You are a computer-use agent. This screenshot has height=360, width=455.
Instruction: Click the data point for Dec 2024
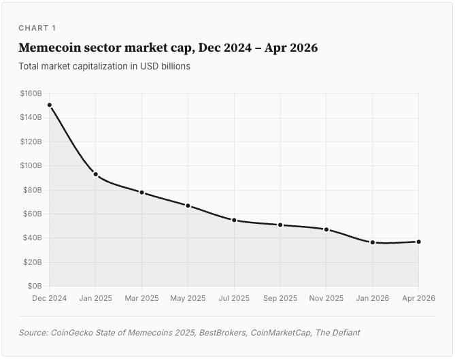point(50,105)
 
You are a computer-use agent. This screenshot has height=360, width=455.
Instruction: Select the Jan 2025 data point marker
point(96,174)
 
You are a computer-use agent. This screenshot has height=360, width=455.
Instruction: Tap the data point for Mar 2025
point(142,193)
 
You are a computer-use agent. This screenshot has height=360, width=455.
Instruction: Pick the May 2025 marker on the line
point(188,206)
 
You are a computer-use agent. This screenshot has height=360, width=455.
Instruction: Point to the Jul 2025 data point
point(234,220)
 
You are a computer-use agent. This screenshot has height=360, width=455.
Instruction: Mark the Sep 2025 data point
point(280,225)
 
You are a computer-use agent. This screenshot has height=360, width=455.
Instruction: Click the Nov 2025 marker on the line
point(326,229)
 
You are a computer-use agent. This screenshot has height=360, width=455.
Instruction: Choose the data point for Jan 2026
point(373,242)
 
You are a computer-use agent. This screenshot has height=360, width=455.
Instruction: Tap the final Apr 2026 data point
point(419,242)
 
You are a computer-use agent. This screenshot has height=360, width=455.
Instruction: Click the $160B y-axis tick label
point(31,93)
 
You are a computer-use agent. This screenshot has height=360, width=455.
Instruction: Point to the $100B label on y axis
point(31,165)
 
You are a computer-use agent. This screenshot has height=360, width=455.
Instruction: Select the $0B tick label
point(35,286)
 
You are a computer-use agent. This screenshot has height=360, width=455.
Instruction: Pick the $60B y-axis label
point(33,214)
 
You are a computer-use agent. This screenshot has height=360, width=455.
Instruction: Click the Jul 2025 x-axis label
point(234,298)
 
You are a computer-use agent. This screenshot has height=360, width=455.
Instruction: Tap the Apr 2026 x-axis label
point(419,298)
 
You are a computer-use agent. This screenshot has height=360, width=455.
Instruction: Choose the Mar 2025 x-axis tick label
point(142,298)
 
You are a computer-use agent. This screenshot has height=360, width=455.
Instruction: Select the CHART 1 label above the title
point(37,28)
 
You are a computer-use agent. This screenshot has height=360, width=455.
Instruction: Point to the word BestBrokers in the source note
point(222,332)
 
